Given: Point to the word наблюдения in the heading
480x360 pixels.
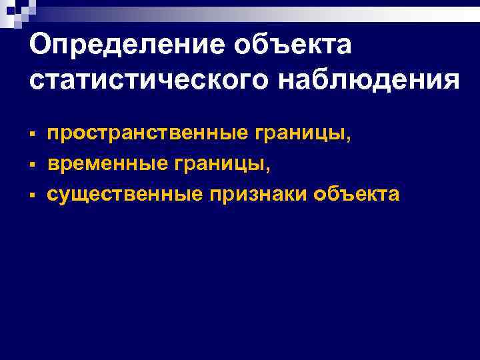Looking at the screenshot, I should click(366, 81).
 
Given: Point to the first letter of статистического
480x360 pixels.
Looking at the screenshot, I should click(37, 83).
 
